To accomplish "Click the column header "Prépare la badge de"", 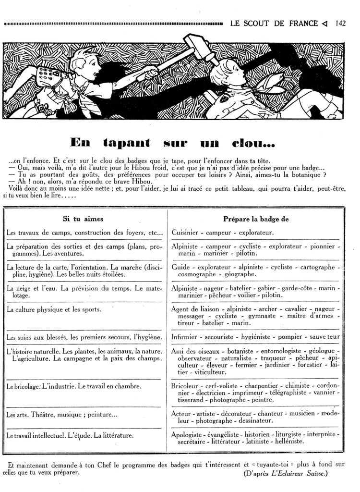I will pos(255,219).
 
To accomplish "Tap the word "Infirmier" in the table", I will pos(186,337).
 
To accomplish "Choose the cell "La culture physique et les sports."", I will pos(54,309).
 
